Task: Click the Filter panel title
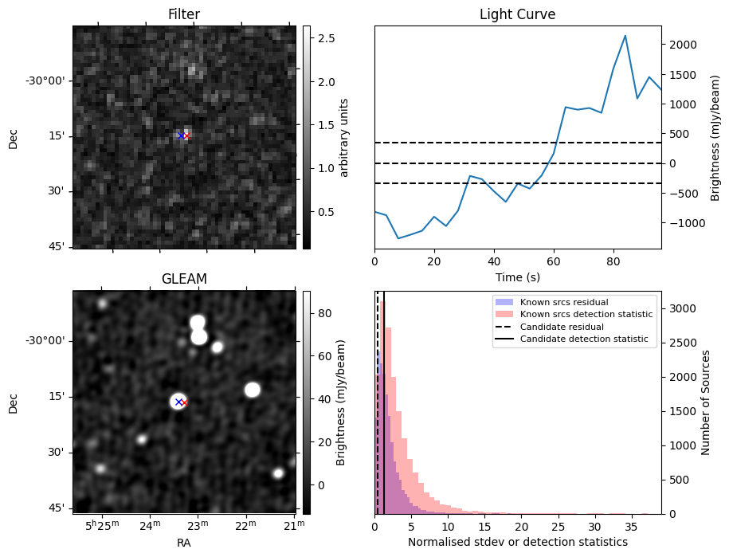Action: point(183,14)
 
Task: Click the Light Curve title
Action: point(517,14)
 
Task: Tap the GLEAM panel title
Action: point(183,279)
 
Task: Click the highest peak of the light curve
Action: point(625,36)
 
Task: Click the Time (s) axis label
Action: point(517,276)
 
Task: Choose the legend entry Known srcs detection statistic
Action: point(586,315)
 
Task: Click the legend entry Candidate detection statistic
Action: point(584,340)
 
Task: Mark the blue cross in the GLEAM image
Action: point(178,402)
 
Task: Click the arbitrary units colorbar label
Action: point(344,137)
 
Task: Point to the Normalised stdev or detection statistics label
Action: point(517,542)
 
